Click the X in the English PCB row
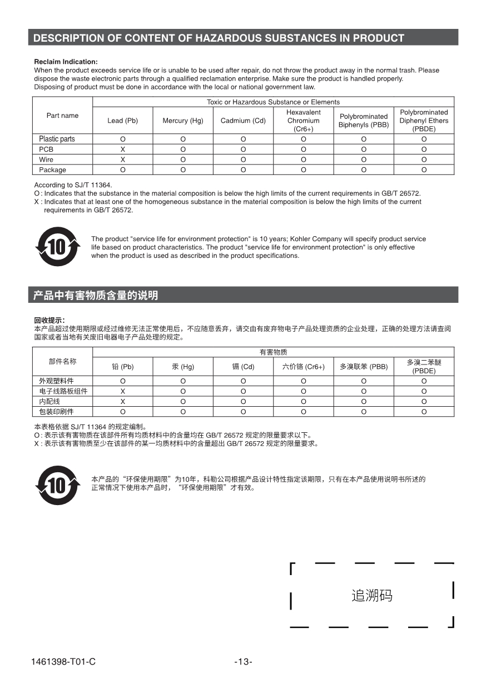click(122, 149)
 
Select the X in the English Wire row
click(122, 159)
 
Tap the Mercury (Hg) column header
click(183, 121)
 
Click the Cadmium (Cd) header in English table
click(243, 121)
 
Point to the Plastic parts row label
click(57, 139)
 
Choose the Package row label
click(53, 170)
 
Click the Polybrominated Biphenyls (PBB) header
click(364, 121)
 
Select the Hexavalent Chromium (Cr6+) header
click(303, 121)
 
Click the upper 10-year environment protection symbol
click(57, 246)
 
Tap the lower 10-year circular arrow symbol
click(57, 486)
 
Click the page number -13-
click(243, 661)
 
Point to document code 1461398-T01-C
click(63, 661)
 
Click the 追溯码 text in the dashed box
click(372, 596)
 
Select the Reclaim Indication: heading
click(66, 62)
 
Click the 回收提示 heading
click(49, 320)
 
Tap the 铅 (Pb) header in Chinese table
click(122, 367)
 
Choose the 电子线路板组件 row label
click(63, 391)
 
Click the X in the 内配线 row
click(122, 401)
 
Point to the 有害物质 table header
click(273, 352)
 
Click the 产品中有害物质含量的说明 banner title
click(96, 296)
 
